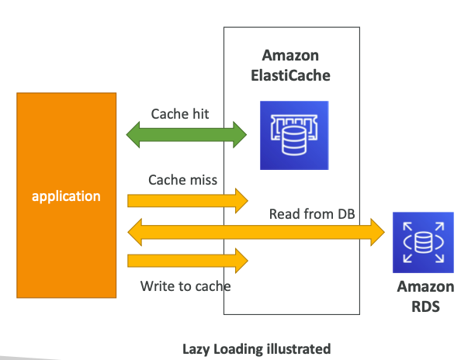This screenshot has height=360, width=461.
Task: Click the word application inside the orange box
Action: click(66, 196)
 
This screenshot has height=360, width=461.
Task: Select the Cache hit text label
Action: click(180, 113)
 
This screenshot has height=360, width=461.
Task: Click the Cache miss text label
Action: click(182, 179)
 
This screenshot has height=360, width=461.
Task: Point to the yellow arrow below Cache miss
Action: click(186, 201)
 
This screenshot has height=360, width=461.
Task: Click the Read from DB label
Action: click(312, 213)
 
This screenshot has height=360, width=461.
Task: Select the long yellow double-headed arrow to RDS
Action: click(256, 230)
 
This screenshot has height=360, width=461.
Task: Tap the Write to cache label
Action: click(185, 286)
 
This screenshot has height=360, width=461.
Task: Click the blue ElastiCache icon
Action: click(294, 135)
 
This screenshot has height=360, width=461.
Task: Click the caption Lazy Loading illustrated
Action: click(256, 348)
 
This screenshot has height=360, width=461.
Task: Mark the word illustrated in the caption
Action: click(298, 348)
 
